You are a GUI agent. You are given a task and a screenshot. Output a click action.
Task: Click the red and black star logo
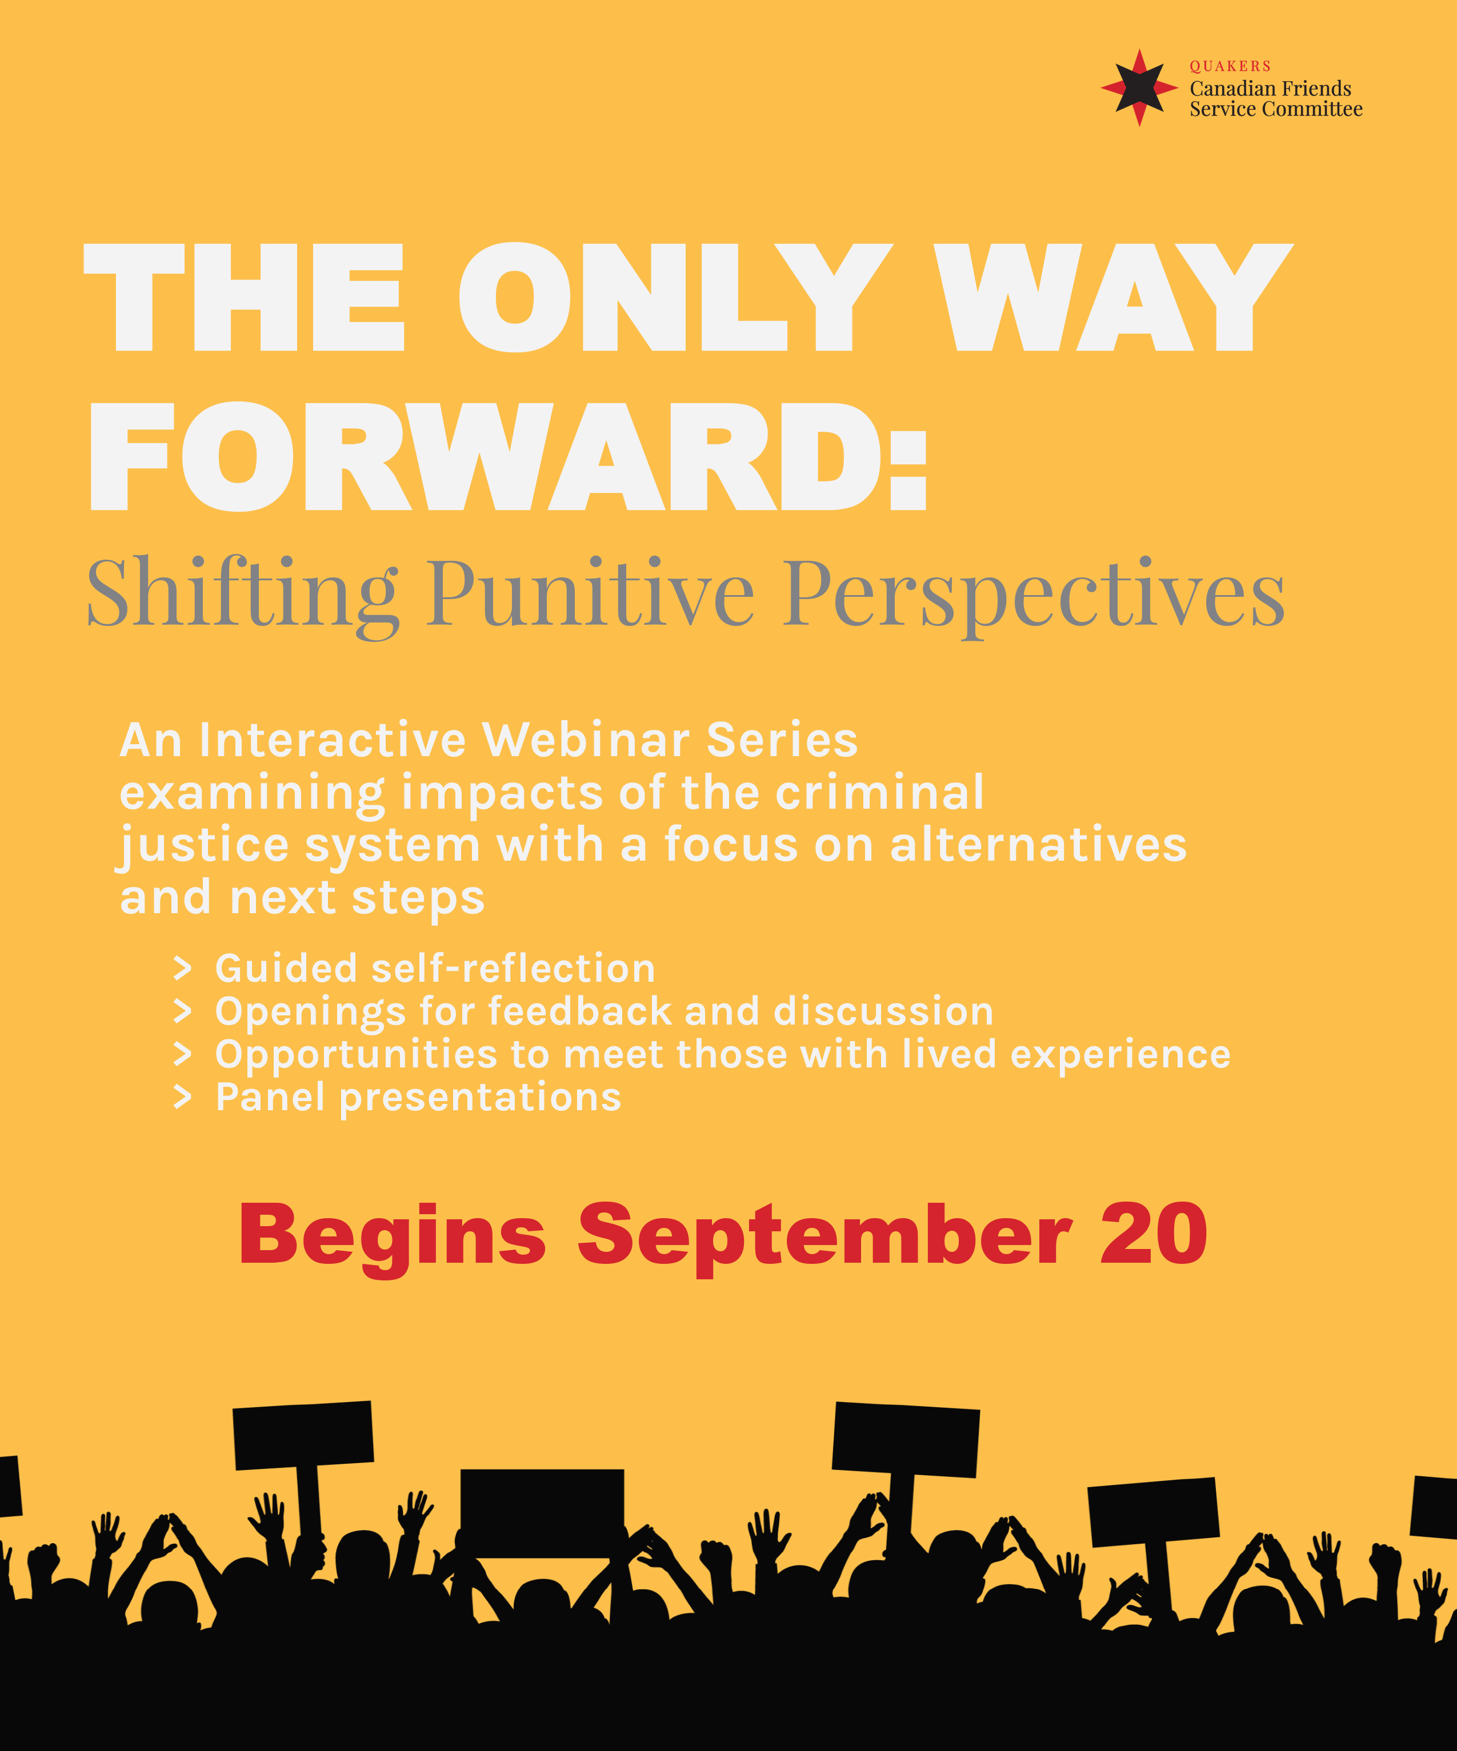pyautogui.click(x=1139, y=87)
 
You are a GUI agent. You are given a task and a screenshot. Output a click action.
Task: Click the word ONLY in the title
pyautogui.click(x=675, y=298)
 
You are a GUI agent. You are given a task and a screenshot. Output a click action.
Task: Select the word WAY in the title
pyautogui.click(x=1114, y=298)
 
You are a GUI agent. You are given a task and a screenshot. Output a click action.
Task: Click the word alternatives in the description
pyautogui.click(x=1038, y=845)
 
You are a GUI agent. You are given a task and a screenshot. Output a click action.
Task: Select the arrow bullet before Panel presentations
pyautogui.click(x=183, y=1097)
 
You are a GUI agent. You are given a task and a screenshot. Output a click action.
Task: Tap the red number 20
pyautogui.click(x=1154, y=1234)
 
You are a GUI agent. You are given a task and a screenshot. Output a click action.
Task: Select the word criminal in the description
pyautogui.click(x=880, y=792)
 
